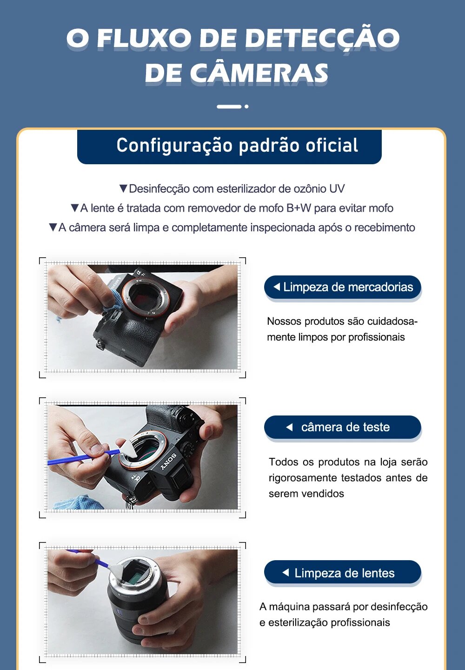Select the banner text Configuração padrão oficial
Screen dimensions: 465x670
pyautogui.click(x=237, y=145)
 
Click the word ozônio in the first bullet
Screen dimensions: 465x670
pyautogui.click(x=310, y=189)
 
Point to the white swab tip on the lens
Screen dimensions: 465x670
pyautogui.click(x=117, y=568)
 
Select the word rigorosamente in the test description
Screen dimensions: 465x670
pyautogui.click(x=303, y=478)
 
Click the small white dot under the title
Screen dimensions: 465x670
pyautogui.click(x=246, y=107)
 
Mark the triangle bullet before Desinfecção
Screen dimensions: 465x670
pyautogui.click(x=123, y=188)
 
